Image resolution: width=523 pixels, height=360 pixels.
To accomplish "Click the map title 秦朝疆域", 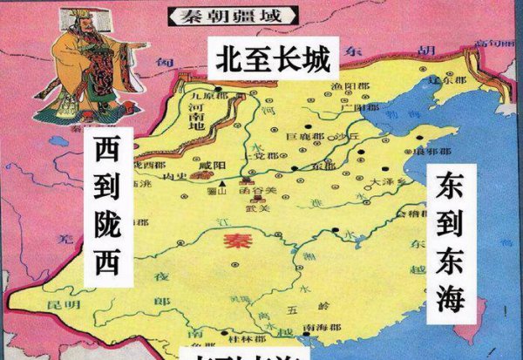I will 231,15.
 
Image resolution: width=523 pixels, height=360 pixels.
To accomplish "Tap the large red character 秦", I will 234,241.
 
